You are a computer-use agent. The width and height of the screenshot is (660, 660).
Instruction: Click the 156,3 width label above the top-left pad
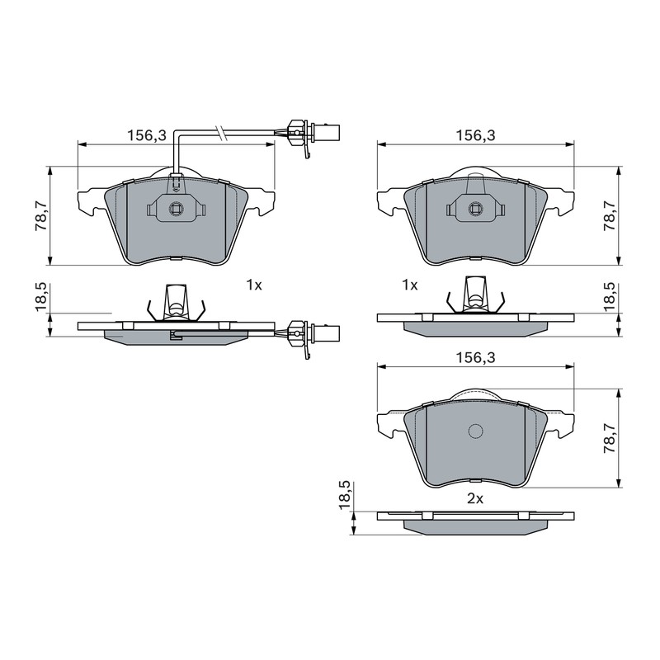tap(148, 135)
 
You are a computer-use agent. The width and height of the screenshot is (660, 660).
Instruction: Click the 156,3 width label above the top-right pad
tap(476, 135)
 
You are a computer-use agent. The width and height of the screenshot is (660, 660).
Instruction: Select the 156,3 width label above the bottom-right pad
tap(476, 358)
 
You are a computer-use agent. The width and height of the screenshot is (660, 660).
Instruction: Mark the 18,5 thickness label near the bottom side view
tap(344, 496)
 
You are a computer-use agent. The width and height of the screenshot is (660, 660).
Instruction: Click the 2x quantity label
tap(475, 499)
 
